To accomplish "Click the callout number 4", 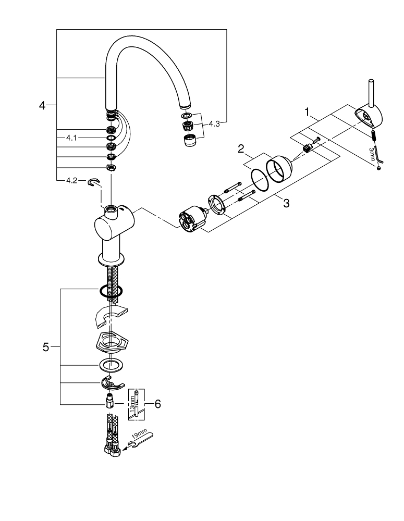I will pyautogui.click(x=42, y=106).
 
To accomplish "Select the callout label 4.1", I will pyautogui.click(x=71, y=138).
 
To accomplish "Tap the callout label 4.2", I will pyautogui.click(x=71, y=181).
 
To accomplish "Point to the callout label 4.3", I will pyautogui.click(x=214, y=124).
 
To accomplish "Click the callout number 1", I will pyautogui.click(x=308, y=111).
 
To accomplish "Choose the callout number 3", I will pyautogui.click(x=286, y=203).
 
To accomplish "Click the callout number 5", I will pyautogui.click(x=46, y=346).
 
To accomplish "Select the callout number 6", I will pyautogui.click(x=158, y=403).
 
